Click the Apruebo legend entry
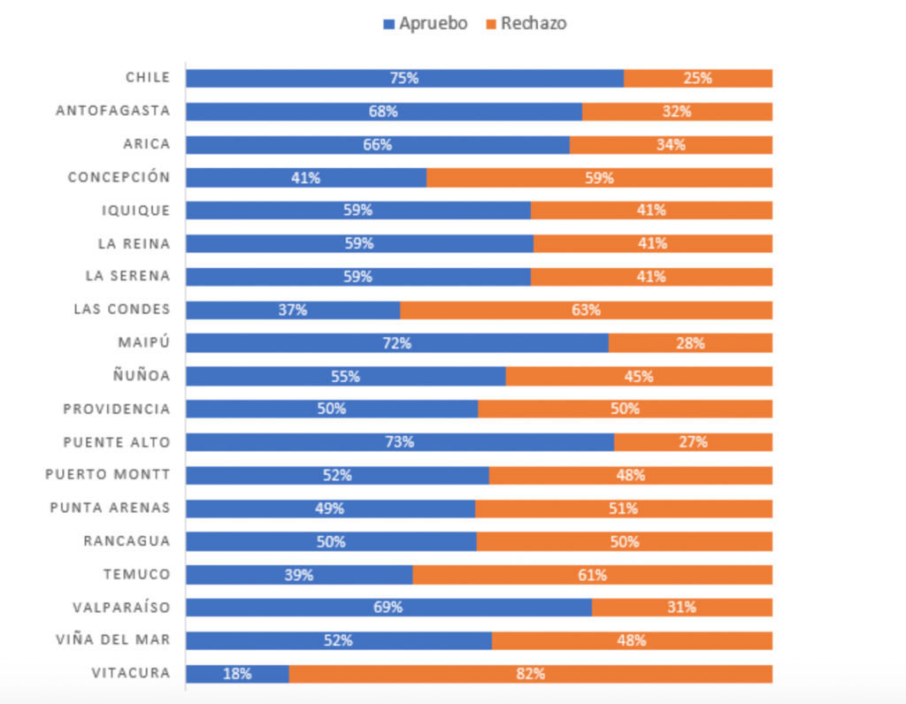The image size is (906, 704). [x=425, y=24]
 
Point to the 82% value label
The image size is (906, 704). [x=532, y=674]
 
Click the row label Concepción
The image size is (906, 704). [x=119, y=177]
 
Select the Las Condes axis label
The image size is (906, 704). [x=121, y=310]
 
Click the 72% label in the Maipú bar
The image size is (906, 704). [x=398, y=343]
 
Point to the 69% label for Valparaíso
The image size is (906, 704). [x=388, y=608]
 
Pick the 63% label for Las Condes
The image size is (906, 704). [x=586, y=310]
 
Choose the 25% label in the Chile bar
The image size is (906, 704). [x=697, y=78]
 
